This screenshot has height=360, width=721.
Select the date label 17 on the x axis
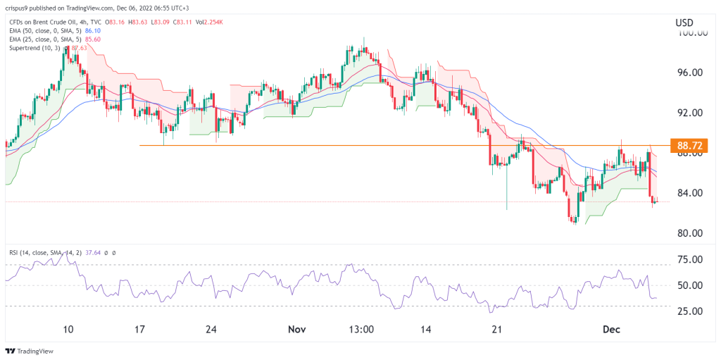point(139,328)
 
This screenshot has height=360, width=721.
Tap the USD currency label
point(684,23)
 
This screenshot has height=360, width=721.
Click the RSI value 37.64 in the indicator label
point(99,252)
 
